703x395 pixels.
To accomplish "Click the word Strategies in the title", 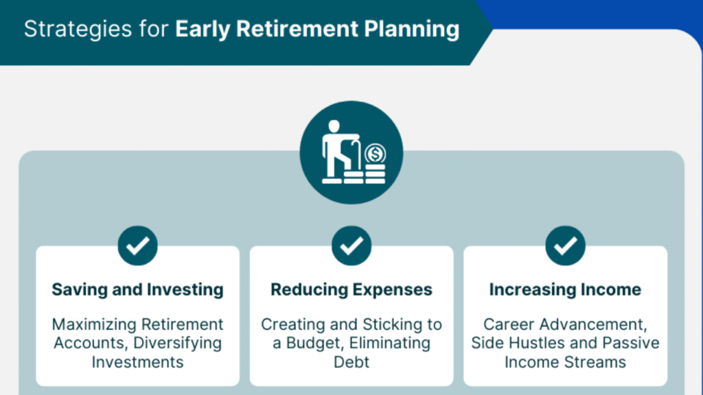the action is pos(78,29).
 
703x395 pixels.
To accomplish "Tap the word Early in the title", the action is pos(203,29).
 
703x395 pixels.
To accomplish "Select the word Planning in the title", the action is pos(412,29).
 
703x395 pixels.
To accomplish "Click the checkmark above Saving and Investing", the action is pos(137,246).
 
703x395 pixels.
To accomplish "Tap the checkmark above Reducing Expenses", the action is pos(351,246).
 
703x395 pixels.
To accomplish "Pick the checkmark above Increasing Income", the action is pos(566,246).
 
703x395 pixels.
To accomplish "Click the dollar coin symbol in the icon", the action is pos(376,154).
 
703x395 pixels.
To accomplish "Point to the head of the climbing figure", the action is pos(334,126).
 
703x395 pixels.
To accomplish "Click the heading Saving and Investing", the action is pos(137,290).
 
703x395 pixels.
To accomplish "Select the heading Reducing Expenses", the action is pos(351,290).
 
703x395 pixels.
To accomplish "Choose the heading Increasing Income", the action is pos(566,290).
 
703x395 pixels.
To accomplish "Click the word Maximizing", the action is pos(93,324).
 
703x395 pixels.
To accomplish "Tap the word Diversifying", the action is pos(178,343).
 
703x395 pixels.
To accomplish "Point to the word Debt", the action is pos(351,362).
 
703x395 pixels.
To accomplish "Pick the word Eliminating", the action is pos(390,343).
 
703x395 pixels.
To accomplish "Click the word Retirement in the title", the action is pos(297,29).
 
